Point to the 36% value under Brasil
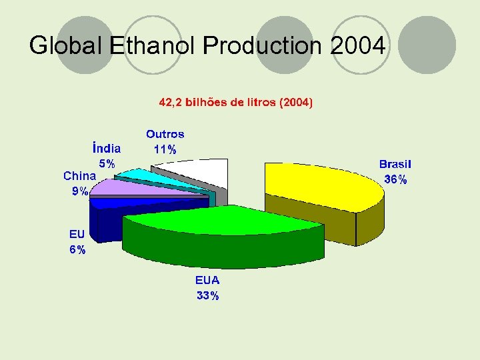point(395,179)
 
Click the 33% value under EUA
point(207,296)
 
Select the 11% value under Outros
point(165,150)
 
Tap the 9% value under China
point(80,191)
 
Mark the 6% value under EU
point(77,250)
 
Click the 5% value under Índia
point(107,163)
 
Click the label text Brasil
point(395,164)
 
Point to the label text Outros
point(165,134)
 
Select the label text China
point(80,176)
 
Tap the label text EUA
point(207,280)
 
